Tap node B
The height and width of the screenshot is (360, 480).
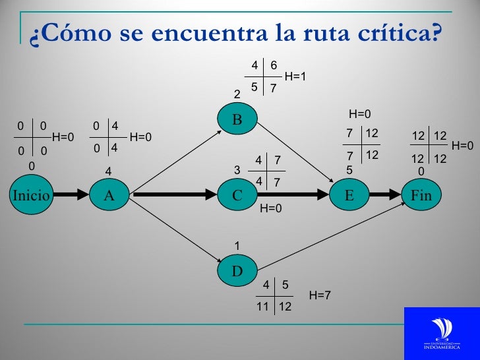click(237, 119)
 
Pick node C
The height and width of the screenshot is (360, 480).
click(237, 195)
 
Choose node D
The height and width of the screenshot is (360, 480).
click(237, 270)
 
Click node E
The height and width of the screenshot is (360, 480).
click(349, 195)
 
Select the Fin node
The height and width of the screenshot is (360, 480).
click(421, 195)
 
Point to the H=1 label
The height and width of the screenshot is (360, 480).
click(295, 77)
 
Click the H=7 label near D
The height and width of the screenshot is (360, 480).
click(319, 296)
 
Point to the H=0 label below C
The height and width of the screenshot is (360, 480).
click(271, 210)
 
